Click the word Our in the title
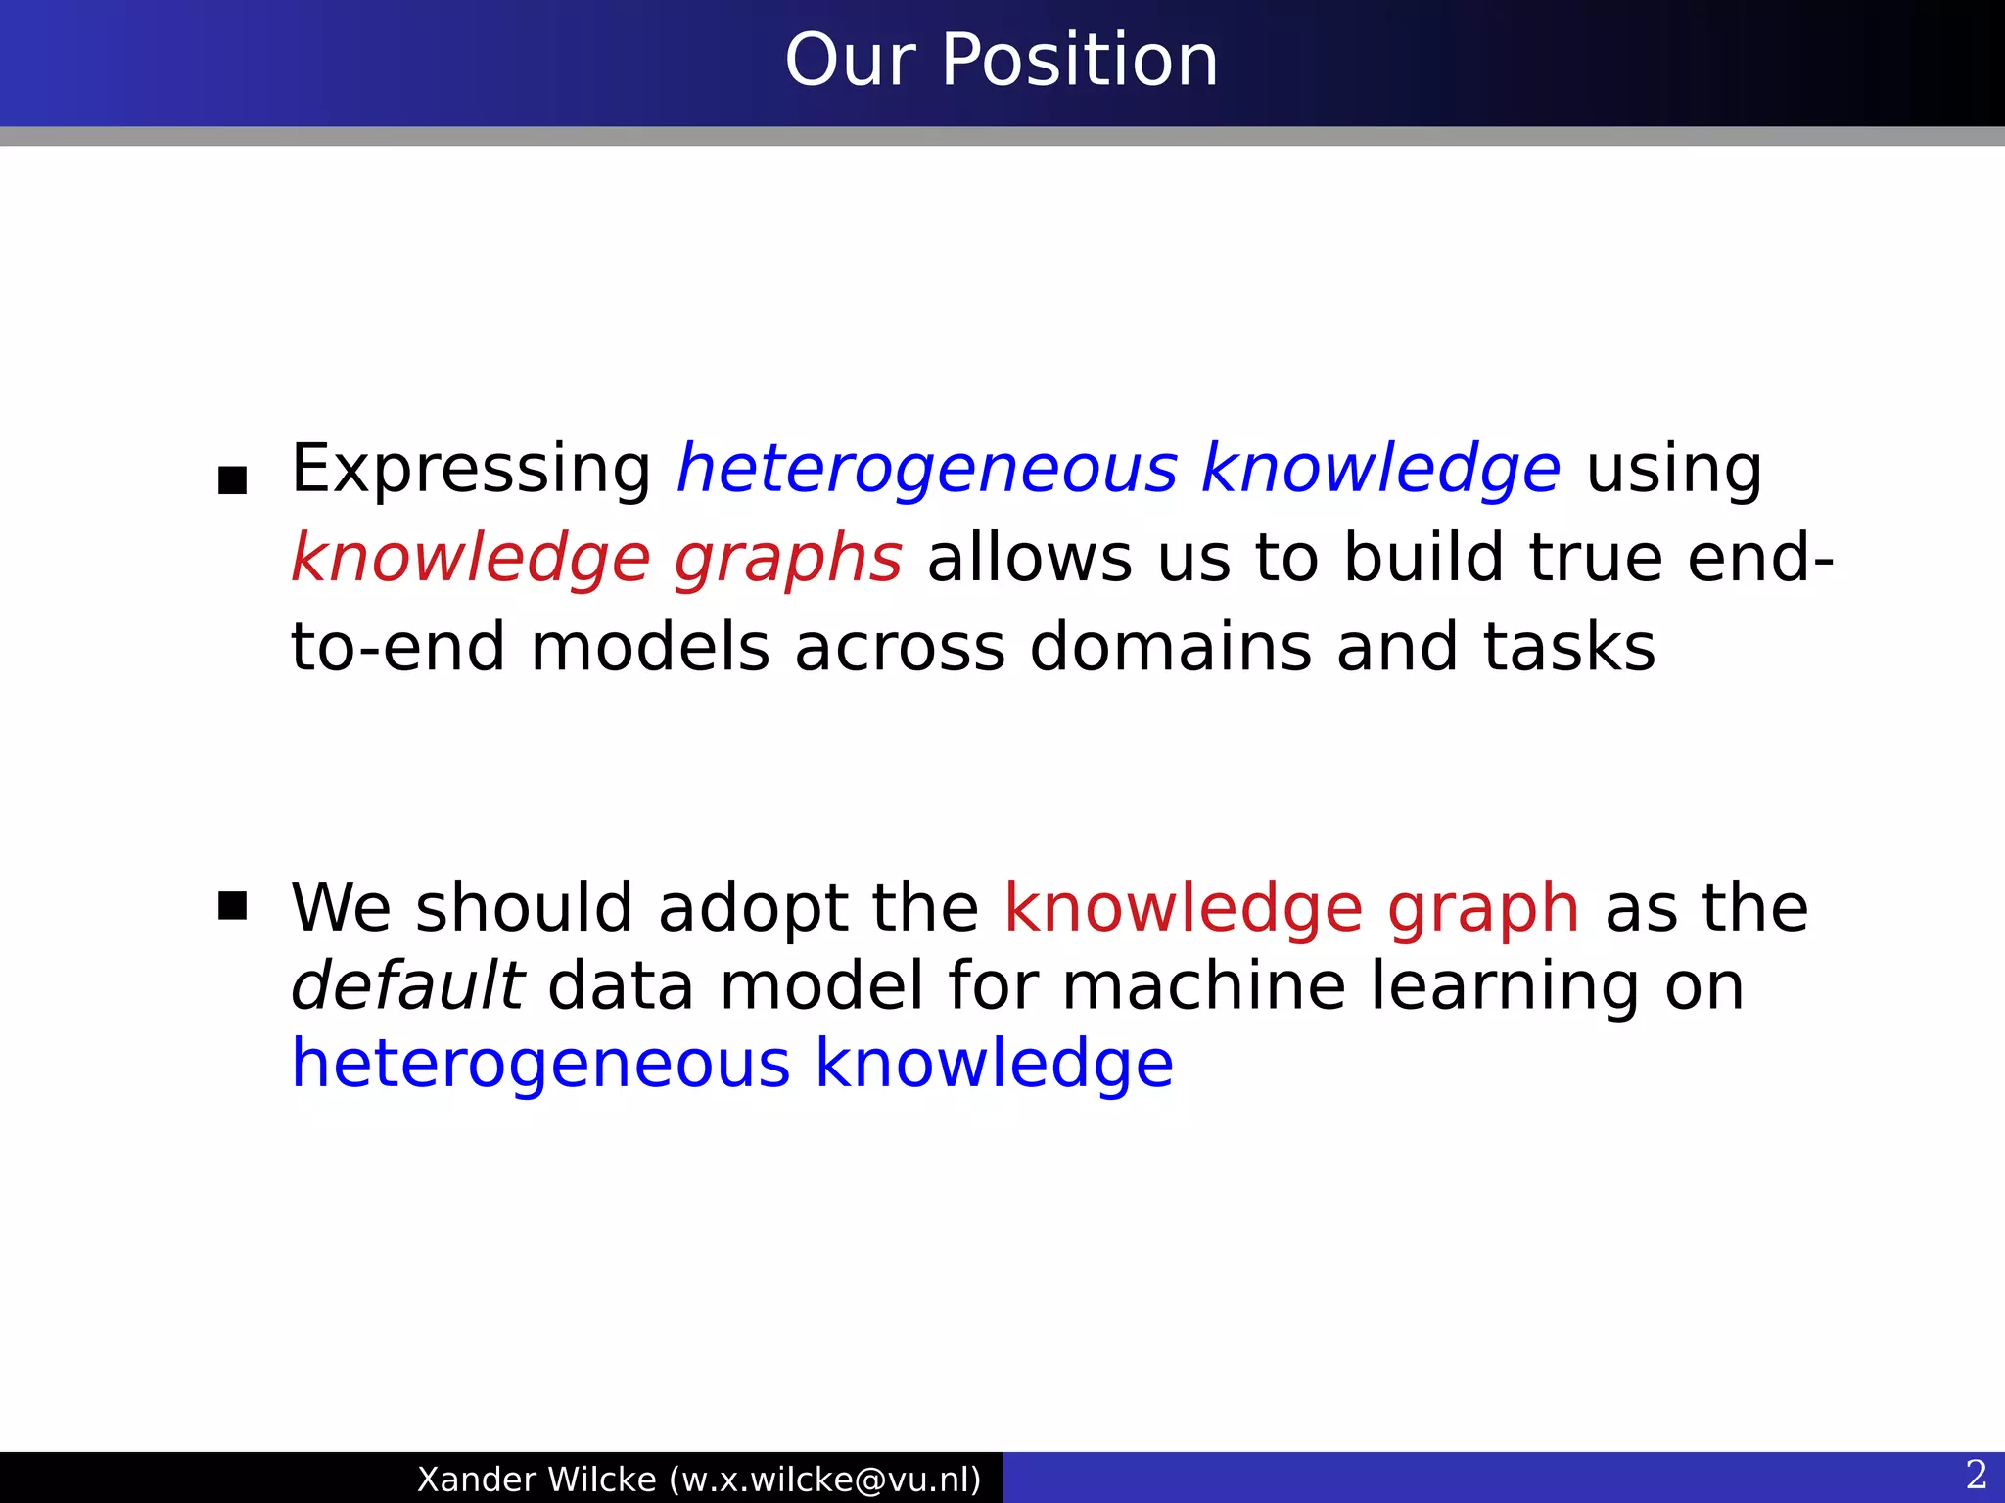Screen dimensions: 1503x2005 [850, 61]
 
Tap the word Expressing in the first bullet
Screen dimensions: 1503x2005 [471, 471]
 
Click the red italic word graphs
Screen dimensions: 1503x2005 [788, 561]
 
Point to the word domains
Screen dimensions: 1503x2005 [1170, 647]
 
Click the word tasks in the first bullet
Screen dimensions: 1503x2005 [1568, 647]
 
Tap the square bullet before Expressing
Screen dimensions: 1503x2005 [232, 480]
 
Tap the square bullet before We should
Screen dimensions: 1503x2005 [232, 906]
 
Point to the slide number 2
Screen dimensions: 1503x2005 [1976, 1475]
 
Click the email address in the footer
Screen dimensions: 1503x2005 [825, 1480]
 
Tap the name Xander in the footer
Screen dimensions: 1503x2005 [476, 1480]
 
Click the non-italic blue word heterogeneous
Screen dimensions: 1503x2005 [540, 1064]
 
